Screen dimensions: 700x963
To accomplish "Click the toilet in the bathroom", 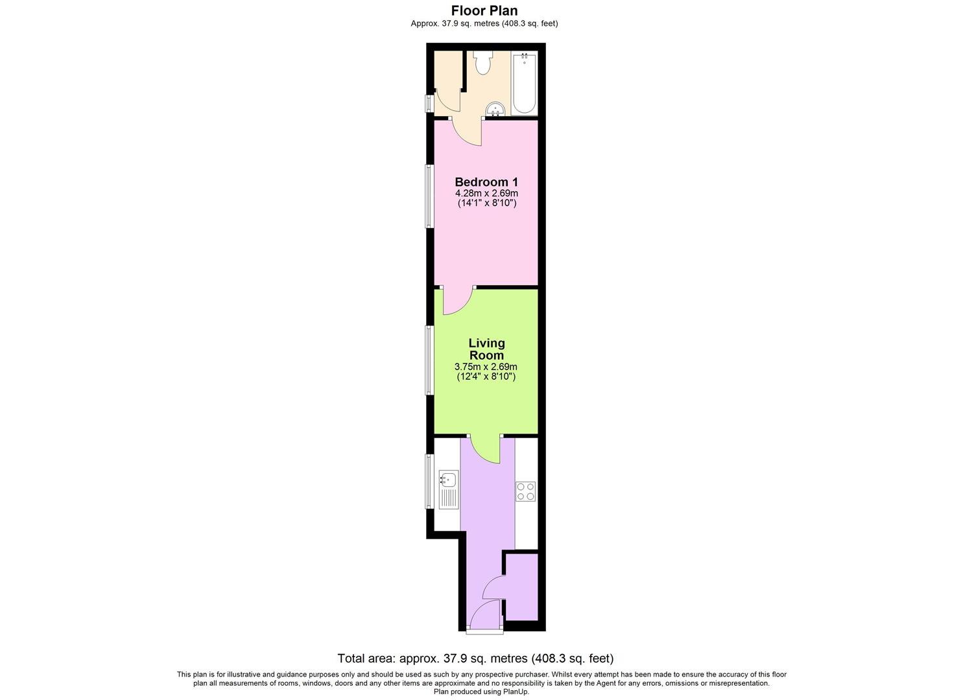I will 482,62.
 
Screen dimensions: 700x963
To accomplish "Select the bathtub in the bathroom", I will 524,84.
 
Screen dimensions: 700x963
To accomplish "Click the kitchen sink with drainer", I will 448,489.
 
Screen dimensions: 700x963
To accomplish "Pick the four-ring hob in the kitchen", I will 526,491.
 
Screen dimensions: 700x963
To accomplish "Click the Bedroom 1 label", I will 486,182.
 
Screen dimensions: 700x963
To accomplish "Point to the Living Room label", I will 486,349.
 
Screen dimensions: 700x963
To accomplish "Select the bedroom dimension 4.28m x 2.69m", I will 486,193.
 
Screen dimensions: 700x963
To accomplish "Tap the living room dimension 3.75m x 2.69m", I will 486,367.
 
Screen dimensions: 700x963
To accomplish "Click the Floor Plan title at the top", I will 484,10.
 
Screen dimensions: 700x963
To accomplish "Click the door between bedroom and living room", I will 458,301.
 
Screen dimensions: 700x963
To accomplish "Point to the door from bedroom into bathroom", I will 467,132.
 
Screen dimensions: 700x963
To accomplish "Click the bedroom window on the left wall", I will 429,196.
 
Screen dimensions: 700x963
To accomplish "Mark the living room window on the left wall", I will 429,360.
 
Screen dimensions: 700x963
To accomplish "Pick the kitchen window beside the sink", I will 429,481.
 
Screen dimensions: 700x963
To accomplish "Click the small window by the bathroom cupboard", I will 429,104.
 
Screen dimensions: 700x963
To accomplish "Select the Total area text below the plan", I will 475,659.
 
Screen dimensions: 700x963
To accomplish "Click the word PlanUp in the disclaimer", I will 517,692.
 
